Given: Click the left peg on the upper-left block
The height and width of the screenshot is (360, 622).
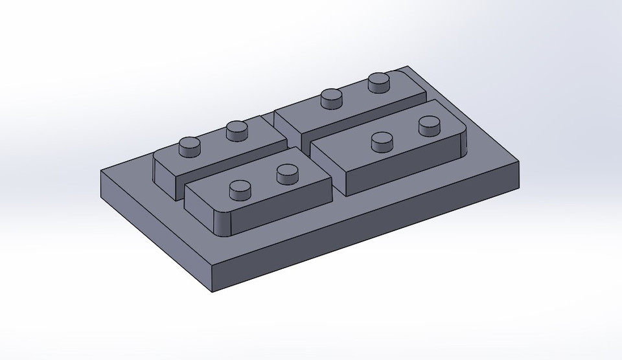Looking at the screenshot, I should (190, 147).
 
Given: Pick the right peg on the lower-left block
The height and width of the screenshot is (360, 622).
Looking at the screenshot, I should (286, 174).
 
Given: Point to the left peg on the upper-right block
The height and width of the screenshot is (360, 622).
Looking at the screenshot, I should (332, 98).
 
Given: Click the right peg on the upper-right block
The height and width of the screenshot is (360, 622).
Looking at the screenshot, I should (378, 82).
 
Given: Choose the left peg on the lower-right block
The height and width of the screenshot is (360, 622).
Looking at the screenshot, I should (382, 141).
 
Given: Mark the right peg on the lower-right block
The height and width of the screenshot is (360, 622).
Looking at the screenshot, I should (429, 125).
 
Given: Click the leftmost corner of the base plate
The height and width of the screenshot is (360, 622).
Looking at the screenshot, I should (102, 172).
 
